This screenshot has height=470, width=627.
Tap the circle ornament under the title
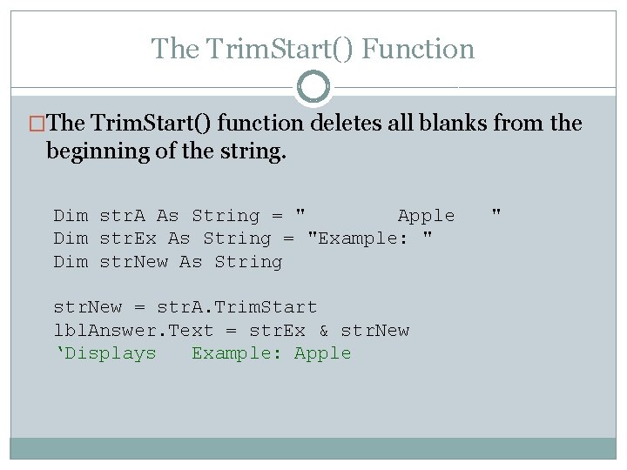coord(313,87)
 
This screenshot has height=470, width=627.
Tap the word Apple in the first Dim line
coord(426,216)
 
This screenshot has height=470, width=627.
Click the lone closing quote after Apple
coord(496,213)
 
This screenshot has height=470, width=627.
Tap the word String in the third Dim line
coord(248,262)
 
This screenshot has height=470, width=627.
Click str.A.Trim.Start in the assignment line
coord(237,307)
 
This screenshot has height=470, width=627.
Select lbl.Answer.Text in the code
coord(133,331)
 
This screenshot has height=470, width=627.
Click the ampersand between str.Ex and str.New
coord(323,331)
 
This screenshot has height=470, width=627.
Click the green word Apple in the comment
coord(322,353)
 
